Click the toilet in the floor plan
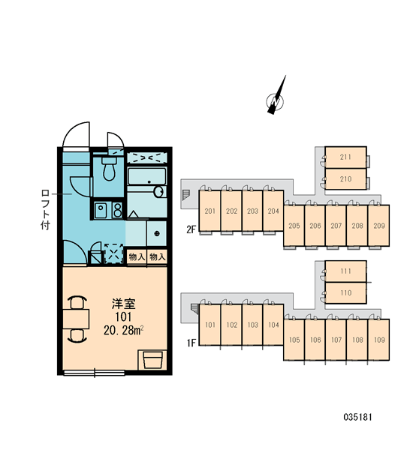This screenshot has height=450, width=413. (x=109, y=169)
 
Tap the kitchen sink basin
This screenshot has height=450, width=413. (x=101, y=210)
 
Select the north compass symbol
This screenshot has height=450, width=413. (x=276, y=97)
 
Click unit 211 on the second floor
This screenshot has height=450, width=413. (x=345, y=157)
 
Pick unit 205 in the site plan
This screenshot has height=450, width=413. (x=294, y=226)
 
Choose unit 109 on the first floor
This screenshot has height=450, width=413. (x=378, y=340)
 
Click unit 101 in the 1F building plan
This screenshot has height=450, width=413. (x=210, y=325)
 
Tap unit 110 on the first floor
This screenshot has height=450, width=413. (x=345, y=293)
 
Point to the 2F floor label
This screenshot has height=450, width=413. (x=191, y=229)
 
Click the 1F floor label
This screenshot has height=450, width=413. (x=191, y=343)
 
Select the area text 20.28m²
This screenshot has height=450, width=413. (x=124, y=331)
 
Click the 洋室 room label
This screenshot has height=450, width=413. (x=124, y=304)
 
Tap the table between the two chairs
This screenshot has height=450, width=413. (x=76, y=319)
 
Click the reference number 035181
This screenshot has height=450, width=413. (x=357, y=417)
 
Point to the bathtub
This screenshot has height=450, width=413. (x=147, y=176)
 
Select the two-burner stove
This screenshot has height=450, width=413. (x=117, y=210)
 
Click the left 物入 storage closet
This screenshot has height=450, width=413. (x=137, y=256)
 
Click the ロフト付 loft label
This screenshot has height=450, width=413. (x=45, y=209)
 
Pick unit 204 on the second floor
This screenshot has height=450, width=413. (x=273, y=211)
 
